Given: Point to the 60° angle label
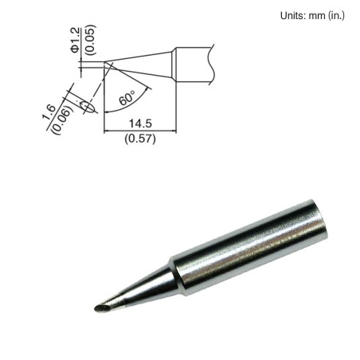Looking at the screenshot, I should point(127,100).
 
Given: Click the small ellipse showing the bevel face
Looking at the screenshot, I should point(85,105).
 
